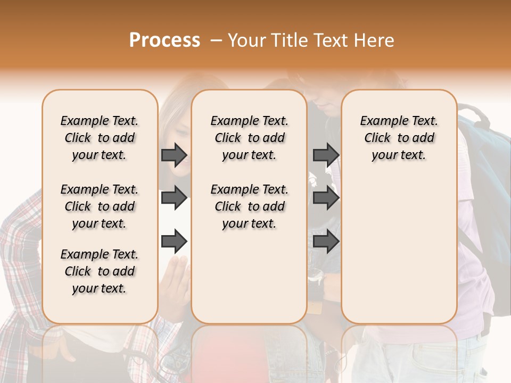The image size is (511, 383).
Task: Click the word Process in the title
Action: pos(164,40)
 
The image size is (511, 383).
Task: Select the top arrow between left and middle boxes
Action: pos(174,155)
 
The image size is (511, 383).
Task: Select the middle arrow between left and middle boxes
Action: pos(174,198)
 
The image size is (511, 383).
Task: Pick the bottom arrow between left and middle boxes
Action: pos(174,242)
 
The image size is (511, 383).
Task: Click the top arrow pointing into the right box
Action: pos(326,155)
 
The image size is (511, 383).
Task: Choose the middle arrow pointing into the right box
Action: pos(326,198)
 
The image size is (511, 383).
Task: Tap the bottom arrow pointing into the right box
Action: pos(326,242)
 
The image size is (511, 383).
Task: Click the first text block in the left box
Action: pos(100,138)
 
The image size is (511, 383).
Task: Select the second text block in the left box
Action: pos(100,206)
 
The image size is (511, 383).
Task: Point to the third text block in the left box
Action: pos(100,272)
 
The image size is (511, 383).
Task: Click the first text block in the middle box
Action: pos(249,138)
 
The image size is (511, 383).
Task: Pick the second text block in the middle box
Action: pos(249,206)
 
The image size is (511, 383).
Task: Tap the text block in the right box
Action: pos(399,138)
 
